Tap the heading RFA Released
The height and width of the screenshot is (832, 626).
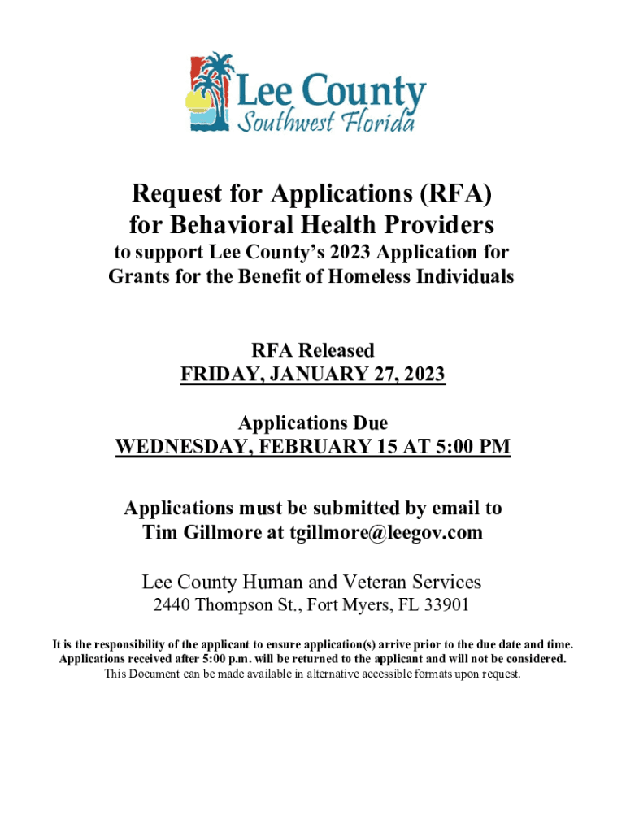[313, 350]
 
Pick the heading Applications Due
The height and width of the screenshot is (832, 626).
[313, 423]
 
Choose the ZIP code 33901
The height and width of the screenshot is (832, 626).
[446, 605]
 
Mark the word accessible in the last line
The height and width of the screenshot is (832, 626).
[352, 674]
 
